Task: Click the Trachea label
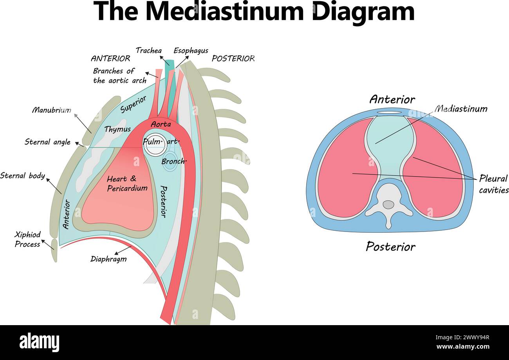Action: tap(148, 51)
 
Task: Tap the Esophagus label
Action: tap(191, 51)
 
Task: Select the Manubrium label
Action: tap(51, 110)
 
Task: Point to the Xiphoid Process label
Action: tap(27, 239)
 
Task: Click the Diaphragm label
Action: tap(108, 259)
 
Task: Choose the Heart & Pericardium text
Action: tap(127, 183)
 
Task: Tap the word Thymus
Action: tap(117, 129)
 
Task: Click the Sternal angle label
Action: tap(47, 142)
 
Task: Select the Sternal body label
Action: tap(22, 176)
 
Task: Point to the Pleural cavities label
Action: tap(493, 184)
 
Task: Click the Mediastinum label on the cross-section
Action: tap(461, 109)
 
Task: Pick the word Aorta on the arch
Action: tap(161, 124)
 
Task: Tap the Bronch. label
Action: tap(174, 161)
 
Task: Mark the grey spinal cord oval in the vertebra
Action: tap(388, 204)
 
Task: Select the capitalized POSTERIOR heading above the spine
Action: tap(233, 59)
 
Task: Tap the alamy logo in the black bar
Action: tap(39, 342)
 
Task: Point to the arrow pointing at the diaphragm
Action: tap(123, 250)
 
